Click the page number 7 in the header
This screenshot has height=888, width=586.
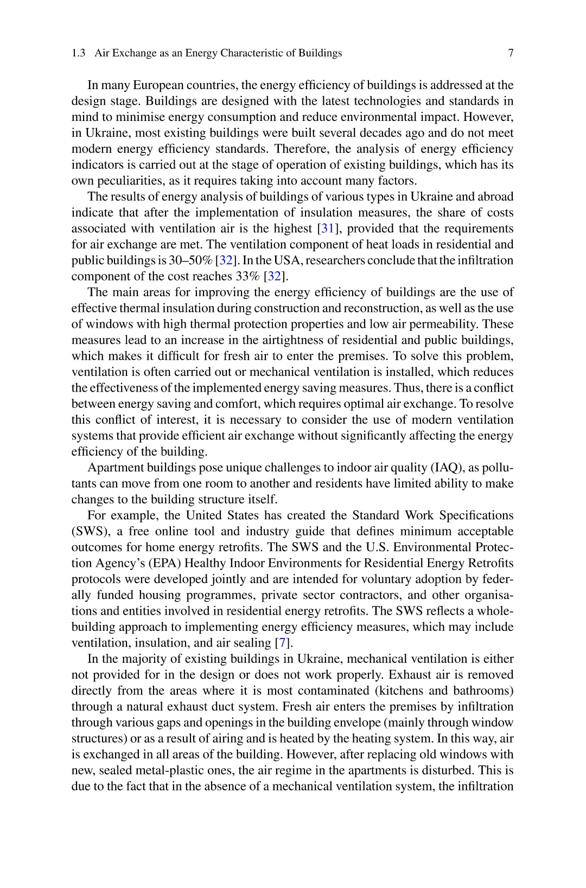[x=511, y=53]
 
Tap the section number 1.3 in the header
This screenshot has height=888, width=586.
[x=78, y=53]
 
